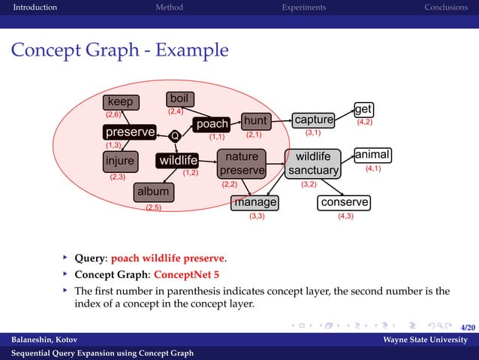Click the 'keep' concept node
[120, 102]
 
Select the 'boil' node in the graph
[179, 98]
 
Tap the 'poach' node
[212, 124]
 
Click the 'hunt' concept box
[255, 120]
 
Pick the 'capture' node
[314, 120]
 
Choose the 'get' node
[363, 110]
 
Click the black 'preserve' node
[130, 132]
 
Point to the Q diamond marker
[174, 136]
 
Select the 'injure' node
[119, 161]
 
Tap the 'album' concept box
[152, 192]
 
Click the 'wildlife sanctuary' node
[312, 164]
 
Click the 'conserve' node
[345, 202]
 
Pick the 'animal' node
[372, 155]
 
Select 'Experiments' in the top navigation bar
[303, 8]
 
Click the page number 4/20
[467, 328]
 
